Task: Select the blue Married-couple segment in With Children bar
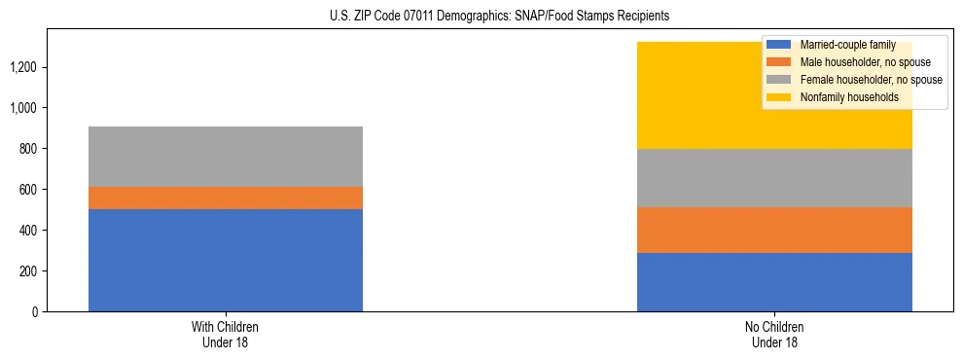(x=226, y=260)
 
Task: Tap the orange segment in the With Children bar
(x=226, y=198)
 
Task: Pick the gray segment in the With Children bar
(x=226, y=156)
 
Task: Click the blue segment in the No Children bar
(x=774, y=282)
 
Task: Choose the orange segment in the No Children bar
(x=774, y=230)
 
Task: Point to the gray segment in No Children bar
(x=774, y=177)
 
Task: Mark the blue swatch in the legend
(x=779, y=45)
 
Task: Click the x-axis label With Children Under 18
(x=226, y=335)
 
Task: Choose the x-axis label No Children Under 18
(x=774, y=335)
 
